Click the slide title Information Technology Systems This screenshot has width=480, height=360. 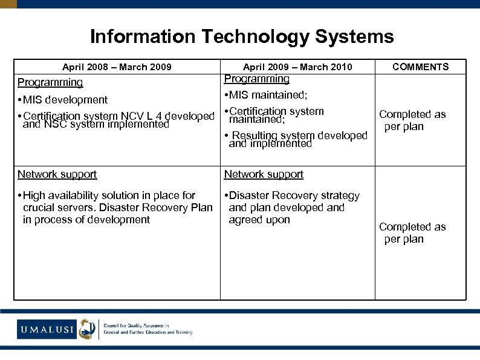[241, 37]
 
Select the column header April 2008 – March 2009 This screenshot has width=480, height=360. [117, 67]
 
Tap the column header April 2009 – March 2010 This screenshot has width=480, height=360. [297, 67]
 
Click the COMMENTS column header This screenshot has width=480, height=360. [420, 67]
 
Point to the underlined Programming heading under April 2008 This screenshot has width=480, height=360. [50, 82]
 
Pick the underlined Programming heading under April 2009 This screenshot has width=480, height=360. [256, 79]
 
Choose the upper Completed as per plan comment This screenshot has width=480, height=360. [412, 120]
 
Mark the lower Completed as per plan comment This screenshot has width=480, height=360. [412, 233]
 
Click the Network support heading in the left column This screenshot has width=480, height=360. [57, 174]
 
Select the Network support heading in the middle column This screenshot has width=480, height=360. [264, 174]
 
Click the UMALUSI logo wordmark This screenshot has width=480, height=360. [47, 330]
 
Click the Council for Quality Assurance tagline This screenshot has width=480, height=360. [148, 329]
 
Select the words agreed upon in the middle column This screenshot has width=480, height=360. [259, 220]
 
